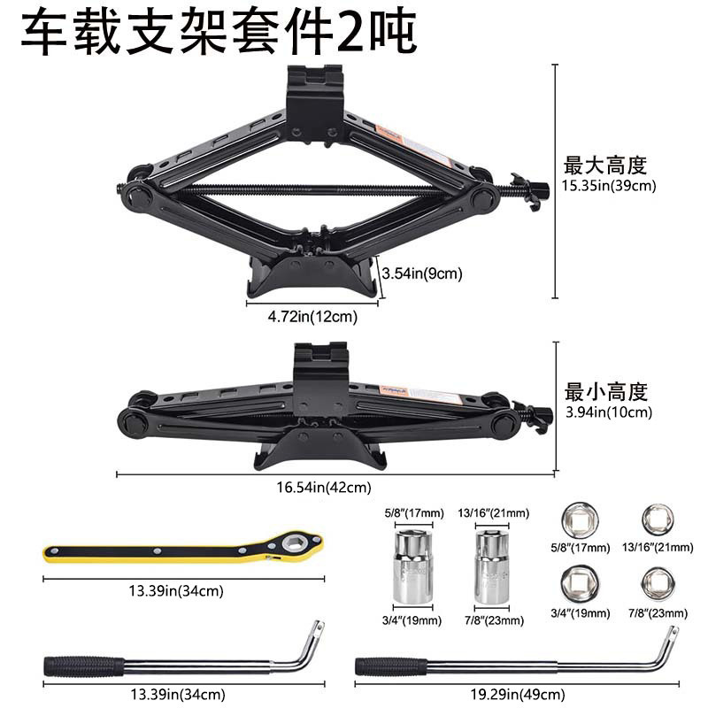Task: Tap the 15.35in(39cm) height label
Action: (610, 187)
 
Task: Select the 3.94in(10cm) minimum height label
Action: (608, 412)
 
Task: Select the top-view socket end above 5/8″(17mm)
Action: (581, 519)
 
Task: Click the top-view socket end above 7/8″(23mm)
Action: (658, 581)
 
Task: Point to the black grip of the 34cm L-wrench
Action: (85, 666)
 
